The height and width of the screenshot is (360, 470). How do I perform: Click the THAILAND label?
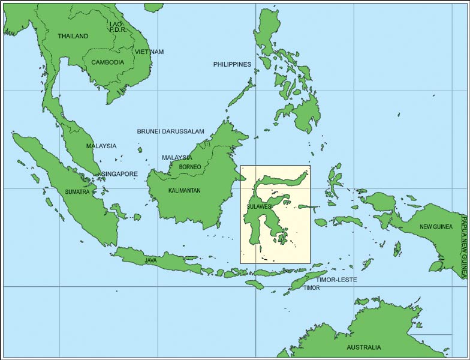pyautogui.click(x=73, y=36)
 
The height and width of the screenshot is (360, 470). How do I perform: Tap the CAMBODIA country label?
pyautogui.click(x=107, y=62)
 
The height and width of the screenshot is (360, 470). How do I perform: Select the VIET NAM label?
pyautogui.click(x=149, y=52)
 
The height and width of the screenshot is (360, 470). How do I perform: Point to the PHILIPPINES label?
pyautogui.click(x=232, y=64)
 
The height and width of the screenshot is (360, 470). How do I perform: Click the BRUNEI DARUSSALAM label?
pyautogui.click(x=171, y=131)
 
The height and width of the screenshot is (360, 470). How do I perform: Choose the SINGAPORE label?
pyautogui.click(x=119, y=174)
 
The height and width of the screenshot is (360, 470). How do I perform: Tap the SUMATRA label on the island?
pyautogui.click(x=77, y=192)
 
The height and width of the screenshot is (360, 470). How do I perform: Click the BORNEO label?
pyautogui.click(x=190, y=166)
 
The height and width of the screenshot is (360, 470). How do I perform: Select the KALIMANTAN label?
pyautogui.click(x=184, y=191)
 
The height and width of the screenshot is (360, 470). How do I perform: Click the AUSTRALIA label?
pyautogui.click(x=364, y=347)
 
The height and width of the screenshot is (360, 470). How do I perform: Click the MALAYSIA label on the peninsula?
pyautogui.click(x=101, y=146)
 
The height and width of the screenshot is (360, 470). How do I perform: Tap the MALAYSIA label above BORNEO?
pyautogui.click(x=177, y=158)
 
